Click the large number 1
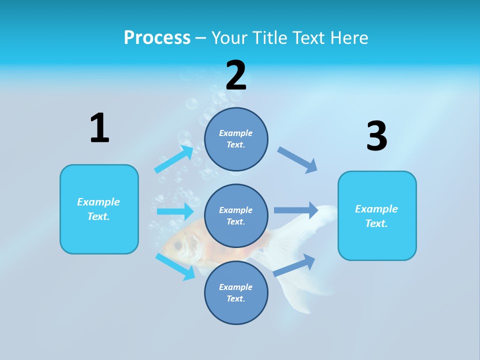pyautogui.click(x=99, y=128)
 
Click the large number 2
pyautogui.click(x=236, y=75)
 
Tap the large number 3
pyautogui.click(x=376, y=136)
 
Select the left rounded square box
pyautogui.click(x=99, y=209)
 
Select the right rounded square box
pyautogui.click(x=377, y=215)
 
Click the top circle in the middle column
pyautogui.click(x=236, y=139)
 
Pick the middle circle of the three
pyautogui.click(x=236, y=215)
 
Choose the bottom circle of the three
pyautogui.click(x=236, y=292)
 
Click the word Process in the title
pyautogui.click(x=157, y=37)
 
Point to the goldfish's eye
pyautogui.click(x=178, y=245)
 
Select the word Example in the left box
pyautogui.click(x=98, y=202)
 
